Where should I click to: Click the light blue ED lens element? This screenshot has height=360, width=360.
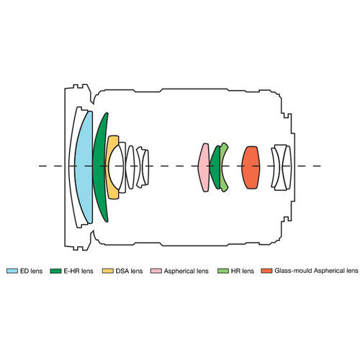click(x=84, y=167)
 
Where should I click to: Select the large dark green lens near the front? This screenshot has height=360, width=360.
click(x=99, y=167)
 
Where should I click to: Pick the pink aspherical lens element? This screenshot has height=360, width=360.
click(x=204, y=167)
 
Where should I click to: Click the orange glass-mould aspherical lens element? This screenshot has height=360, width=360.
click(x=251, y=167)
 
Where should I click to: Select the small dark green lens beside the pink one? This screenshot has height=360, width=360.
click(x=215, y=167)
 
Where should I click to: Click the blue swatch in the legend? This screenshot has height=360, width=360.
click(x=12, y=271)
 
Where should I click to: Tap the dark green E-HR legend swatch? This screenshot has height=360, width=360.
click(x=55, y=271)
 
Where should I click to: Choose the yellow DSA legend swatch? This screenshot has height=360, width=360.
click(x=108, y=271)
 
